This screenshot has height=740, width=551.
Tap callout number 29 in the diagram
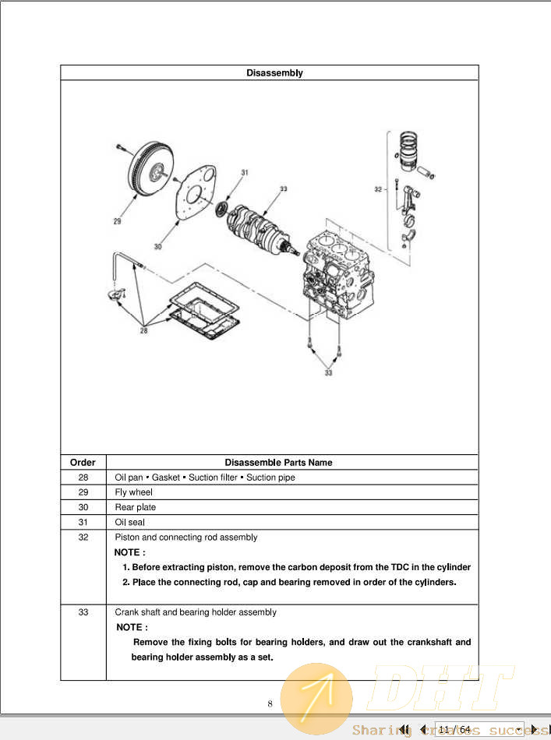point(117,222)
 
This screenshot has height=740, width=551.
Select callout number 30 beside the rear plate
point(158,246)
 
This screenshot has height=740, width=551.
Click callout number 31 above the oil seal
point(244,172)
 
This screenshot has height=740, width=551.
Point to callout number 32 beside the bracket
point(378,189)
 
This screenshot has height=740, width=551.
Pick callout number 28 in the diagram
point(143,330)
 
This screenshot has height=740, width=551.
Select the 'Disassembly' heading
point(274,73)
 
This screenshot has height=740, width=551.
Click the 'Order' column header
point(83,463)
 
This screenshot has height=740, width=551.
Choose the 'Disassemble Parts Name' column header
point(278,463)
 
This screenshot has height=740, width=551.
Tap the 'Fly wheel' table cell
point(134,492)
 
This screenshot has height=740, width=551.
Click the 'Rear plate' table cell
point(136,507)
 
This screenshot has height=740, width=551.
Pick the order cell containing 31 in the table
point(83,523)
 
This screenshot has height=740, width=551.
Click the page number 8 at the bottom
point(270,703)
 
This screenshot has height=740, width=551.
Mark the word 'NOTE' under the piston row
point(129,552)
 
